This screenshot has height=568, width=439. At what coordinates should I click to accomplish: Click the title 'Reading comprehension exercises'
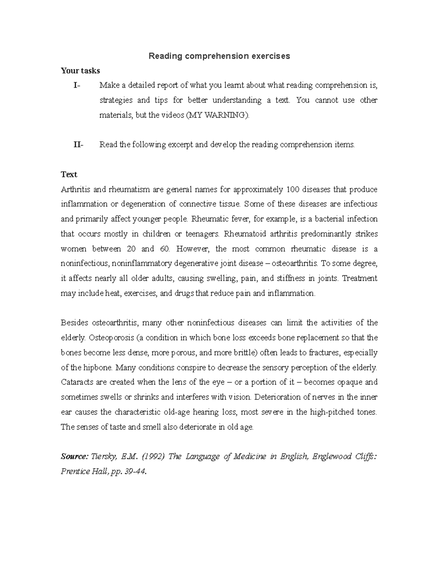pyautogui.click(x=219, y=56)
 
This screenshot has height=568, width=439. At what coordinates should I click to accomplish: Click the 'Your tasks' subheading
pyautogui.click(x=80, y=71)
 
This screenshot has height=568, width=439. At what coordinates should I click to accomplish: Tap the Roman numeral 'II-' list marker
pyautogui.click(x=78, y=145)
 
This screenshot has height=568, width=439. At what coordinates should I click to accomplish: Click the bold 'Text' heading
pyautogui.click(x=69, y=174)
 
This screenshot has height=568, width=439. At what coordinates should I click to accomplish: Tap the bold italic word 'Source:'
pyautogui.click(x=74, y=457)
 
